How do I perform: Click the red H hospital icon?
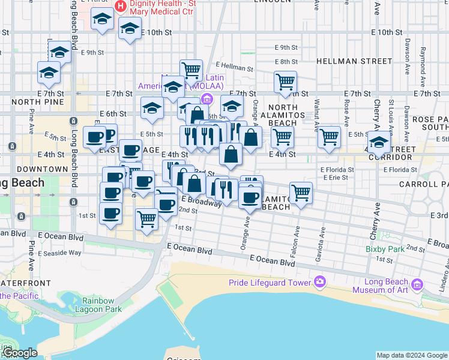pos(121,6)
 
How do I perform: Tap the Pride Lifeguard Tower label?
pos(269,283)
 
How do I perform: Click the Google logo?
pos(19,353)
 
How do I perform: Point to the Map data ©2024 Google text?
pos(412,355)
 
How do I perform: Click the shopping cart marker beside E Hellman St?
pos(191,70)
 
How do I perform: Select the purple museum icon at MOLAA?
pos(207,98)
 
